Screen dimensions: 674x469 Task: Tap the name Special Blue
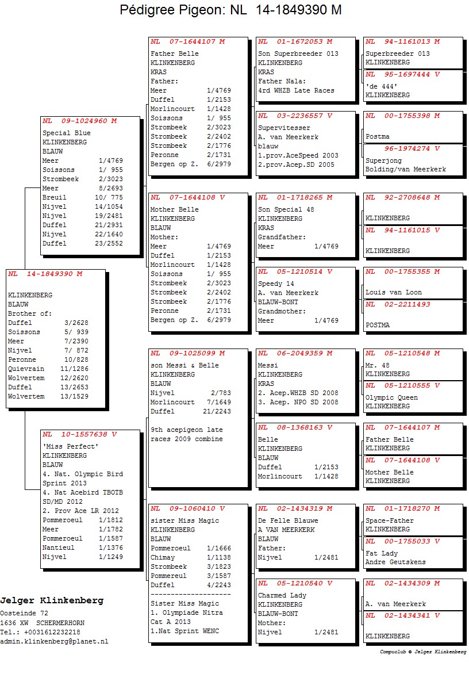(66, 133)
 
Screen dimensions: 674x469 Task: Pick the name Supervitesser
(284, 128)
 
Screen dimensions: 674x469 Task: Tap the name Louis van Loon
(394, 292)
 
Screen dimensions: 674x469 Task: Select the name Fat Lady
(382, 553)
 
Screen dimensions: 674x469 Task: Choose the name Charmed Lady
(282, 595)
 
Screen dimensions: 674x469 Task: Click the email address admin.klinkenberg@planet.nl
(54, 641)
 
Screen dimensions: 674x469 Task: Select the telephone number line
(40, 632)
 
